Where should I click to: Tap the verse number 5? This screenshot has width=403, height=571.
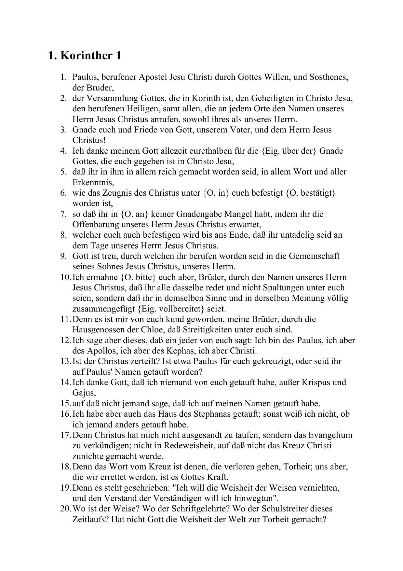[x=63, y=172]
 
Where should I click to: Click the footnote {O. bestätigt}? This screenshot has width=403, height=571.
[x=311, y=193]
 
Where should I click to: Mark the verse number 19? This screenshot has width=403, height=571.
[x=65, y=488]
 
